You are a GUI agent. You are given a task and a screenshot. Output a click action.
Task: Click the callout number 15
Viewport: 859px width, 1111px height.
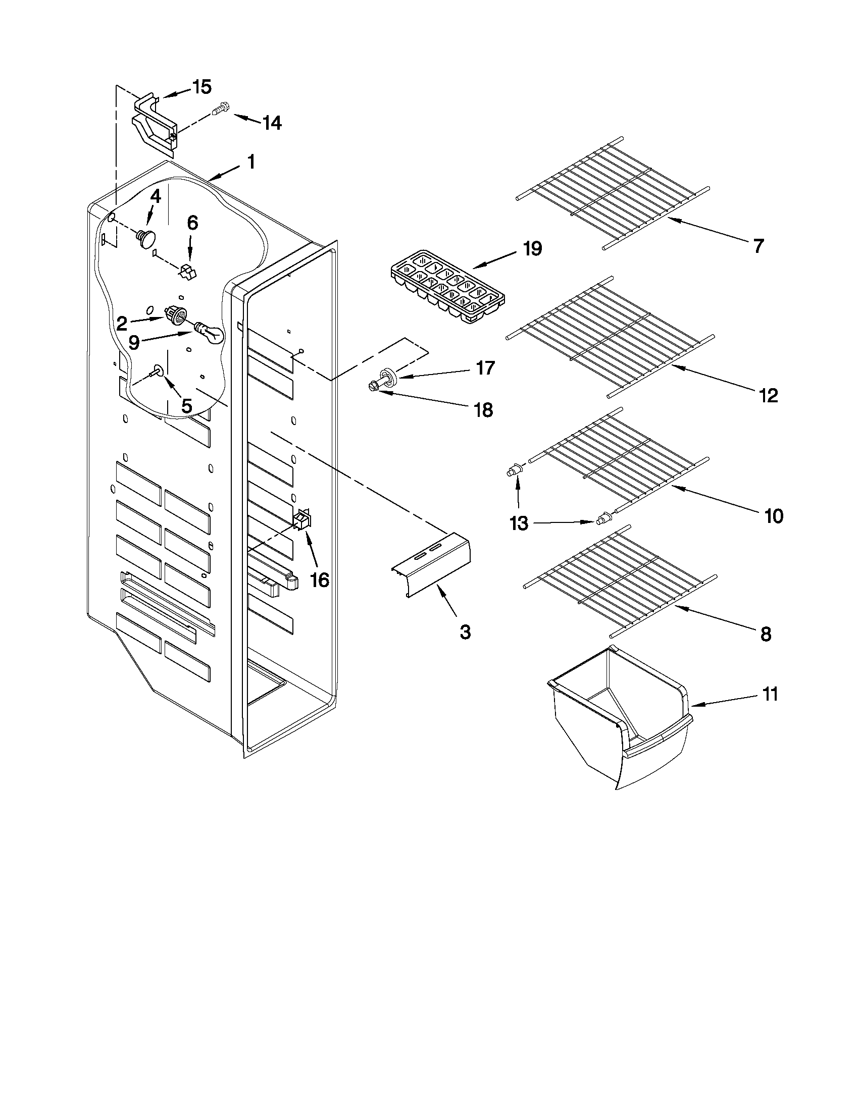point(202,87)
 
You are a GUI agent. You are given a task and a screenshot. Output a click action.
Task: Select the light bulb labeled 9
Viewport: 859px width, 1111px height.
point(209,331)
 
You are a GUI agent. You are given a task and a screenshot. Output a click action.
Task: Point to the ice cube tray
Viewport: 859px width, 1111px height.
point(448,287)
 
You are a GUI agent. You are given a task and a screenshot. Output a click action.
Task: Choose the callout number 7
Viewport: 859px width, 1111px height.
point(757,246)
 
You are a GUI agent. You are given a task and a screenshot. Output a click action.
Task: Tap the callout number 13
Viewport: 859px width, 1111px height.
point(519,523)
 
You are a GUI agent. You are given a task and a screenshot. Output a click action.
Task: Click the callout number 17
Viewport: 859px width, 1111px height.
point(485,368)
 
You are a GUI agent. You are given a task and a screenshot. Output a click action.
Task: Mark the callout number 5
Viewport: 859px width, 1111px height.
point(186,405)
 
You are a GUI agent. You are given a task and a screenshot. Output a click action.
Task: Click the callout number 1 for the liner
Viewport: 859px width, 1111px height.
point(250,162)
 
